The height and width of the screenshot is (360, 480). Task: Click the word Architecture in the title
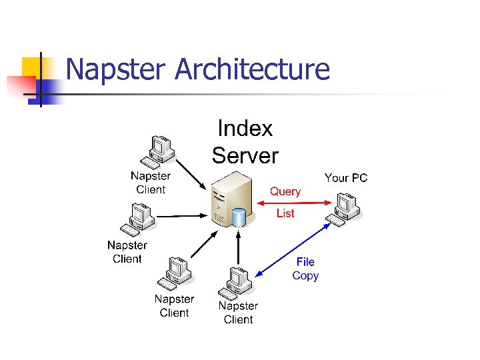pos(252,69)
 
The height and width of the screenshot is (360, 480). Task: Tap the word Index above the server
pos(245,128)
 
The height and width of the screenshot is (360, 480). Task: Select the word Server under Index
pos(245,155)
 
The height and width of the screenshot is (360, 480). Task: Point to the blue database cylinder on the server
pos(238,217)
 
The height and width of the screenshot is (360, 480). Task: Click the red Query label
pos(285,191)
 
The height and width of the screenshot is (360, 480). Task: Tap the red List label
pos(285,213)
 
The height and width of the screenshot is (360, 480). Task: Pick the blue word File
pos(305,262)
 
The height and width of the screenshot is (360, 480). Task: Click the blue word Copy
pos(305,275)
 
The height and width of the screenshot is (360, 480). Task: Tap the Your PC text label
pos(346,178)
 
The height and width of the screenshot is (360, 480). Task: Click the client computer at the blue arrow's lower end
pos(235,283)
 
